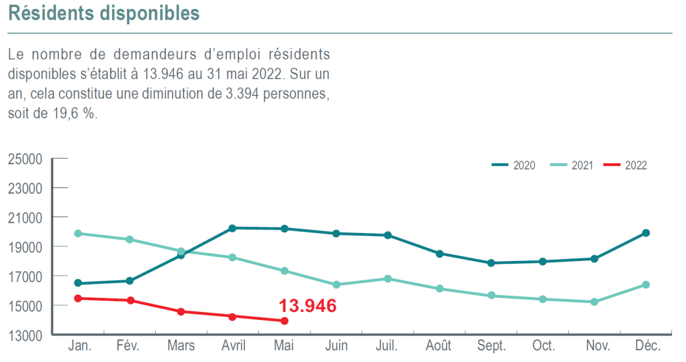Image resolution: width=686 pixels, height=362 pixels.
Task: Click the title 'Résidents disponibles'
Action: pyautogui.click(x=104, y=13)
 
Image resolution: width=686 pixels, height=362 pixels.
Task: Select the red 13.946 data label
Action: pyautogui.click(x=308, y=306)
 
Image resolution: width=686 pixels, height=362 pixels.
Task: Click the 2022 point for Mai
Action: pyautogui.click(x=284, y=321)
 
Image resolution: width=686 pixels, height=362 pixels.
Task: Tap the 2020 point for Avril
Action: pyautogui.click(x=232, y=228)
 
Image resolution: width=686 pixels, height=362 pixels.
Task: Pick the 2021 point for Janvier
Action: pyautogui.click(x=78, y=233)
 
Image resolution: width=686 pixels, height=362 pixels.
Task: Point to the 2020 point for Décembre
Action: pyautogui.click(x=646, y=233)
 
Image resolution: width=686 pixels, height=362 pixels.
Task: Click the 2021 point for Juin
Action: pyautogui.click(x=336, y=285)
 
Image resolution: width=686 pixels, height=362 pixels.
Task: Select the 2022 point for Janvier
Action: pyautogui.click(x=78, y=298)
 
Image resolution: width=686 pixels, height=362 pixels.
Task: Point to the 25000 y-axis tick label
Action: pyautogui.click(x=25, y=159)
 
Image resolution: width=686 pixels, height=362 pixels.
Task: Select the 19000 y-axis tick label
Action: pyautogui.click(x=25, y=247)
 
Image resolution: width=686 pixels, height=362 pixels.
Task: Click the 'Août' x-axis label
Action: pyautogui.click(x=439, y=345)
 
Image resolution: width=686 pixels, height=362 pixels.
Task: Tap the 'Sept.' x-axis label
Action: pyautogui.click(x=491, y=345)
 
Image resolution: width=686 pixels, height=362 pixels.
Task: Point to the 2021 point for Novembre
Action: pyautogui.click(x=594, y=302)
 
